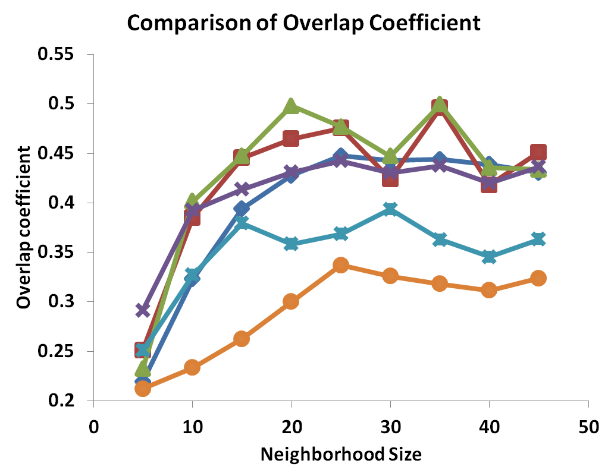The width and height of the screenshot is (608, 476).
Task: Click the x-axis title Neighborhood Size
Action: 341,455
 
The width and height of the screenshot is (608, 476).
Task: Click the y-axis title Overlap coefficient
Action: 23,228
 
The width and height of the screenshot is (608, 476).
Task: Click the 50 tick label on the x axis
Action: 588,428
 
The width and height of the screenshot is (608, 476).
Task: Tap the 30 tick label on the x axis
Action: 390,428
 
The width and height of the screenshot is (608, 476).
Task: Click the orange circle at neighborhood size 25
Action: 341,266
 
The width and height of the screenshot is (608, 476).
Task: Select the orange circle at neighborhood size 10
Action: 192,367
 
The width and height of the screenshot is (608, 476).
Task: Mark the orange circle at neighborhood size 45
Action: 538,278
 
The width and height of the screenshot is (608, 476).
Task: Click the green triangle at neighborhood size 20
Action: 291,106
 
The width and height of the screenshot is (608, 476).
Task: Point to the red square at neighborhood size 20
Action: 291,138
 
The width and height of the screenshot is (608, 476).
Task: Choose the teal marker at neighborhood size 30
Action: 390,209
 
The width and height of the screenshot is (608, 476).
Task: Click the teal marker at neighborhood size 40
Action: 489,257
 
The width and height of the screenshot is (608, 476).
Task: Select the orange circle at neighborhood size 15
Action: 242,339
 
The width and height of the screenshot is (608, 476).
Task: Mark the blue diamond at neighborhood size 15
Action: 242,209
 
